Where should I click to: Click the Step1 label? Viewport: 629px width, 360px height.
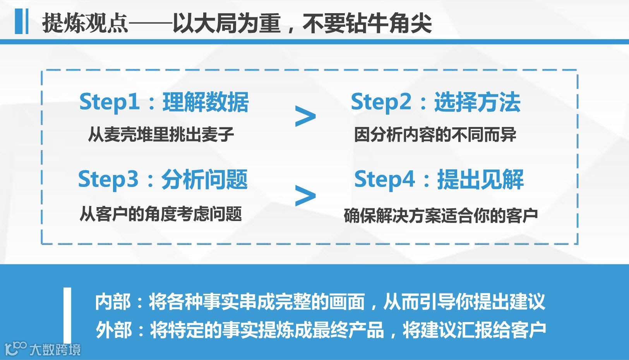[x=109, y=102]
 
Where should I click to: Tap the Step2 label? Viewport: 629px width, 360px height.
[x=381, y=102]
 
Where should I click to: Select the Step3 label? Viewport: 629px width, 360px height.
[x=108, y=180]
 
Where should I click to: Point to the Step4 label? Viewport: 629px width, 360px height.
[x=384, y=180]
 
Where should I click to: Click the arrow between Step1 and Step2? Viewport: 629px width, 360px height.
[x=305, y=116]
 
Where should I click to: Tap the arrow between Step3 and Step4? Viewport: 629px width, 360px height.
[x=305, y=195]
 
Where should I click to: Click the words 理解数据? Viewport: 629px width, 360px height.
[x=206, y=102]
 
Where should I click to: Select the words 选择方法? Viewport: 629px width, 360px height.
[x=477, y=102]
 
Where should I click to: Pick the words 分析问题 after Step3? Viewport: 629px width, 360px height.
[x=204, y=180]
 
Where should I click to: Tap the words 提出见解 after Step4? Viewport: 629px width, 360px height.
[x=480, y=180]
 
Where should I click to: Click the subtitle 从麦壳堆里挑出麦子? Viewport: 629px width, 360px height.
[x=161, y=135]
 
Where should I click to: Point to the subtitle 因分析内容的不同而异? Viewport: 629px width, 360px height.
[x=435, y=135]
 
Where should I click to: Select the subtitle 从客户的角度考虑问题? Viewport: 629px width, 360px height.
[x=161, y=214]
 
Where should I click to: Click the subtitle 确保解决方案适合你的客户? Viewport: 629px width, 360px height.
[x=441, y=215]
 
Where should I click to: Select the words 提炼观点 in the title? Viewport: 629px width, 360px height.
[x=85, y=23]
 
